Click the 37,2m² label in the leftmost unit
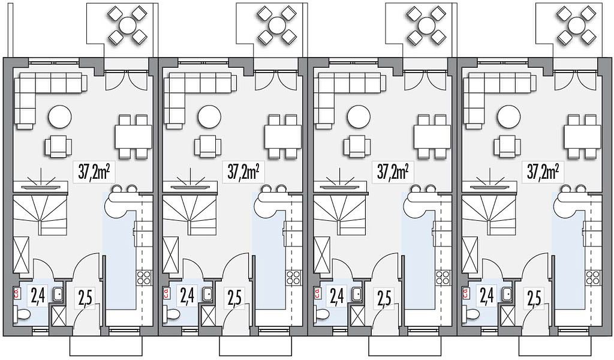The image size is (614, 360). click(x=93, y=172)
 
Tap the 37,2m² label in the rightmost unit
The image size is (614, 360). click(x=543, y=172)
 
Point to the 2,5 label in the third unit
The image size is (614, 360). click(x=384, y=298)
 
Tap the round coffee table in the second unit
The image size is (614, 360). click(x=210, y=116)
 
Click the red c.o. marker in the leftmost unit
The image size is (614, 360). click(x=17, y=292)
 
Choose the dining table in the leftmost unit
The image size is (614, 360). click(x=133, y=136)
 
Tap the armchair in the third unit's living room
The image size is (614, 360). click(x=357, y=146)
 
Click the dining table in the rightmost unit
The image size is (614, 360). click(x=582, y=136)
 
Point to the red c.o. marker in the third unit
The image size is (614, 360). click(x=317, y=292)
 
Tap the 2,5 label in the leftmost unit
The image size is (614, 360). click(x=85, y=298)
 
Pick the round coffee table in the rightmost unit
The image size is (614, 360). click(x=509, y=116)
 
